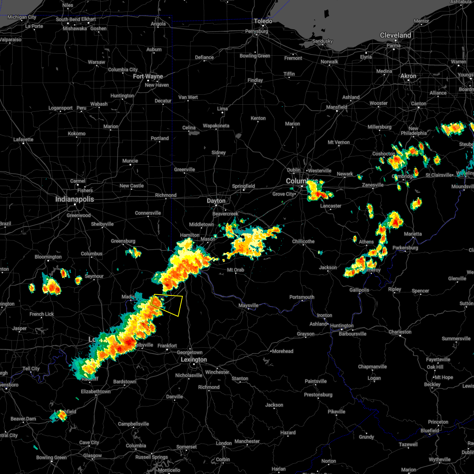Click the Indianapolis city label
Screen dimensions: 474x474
pos(75,199)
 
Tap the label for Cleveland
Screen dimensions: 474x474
pos(395,35)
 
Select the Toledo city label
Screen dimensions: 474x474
pos(263,21)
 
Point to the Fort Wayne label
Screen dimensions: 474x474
pos(148,76)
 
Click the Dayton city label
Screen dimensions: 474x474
pos(216,201)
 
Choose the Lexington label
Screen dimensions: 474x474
pos(194,360)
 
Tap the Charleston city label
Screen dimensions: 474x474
pos(400,332)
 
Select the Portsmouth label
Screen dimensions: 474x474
pos(302,297)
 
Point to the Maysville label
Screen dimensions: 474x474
pos(248,305)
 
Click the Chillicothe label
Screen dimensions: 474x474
pos(303,241)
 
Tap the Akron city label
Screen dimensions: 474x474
pos(408,76)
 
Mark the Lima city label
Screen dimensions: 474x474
pos(222,109)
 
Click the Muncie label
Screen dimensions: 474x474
pos(130,161)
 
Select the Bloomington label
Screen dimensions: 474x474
pos(48,257)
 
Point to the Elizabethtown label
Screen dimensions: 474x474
pos(96,391)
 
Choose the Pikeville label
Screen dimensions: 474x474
pos(337,412)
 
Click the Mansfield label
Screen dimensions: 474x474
pos(337,107)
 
